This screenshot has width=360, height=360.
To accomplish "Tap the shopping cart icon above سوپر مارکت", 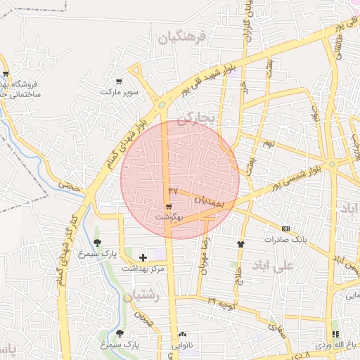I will pos(118,82).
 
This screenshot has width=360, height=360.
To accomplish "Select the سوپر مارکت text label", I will pos(120,92).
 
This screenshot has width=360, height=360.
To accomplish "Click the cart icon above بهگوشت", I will pos(169,206).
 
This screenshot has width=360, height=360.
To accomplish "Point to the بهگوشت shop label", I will pos(169,218).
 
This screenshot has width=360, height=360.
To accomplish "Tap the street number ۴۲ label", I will pos(173,191).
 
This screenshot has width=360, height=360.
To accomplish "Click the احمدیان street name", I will pos(209,201).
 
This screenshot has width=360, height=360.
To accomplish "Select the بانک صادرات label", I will pos(286,240).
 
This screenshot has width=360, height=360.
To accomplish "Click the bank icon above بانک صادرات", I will pos(285,229).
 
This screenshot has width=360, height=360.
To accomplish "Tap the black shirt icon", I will pos(241,244).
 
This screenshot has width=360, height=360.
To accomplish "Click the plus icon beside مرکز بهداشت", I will pos(143,258).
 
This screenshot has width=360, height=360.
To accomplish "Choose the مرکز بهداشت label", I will pos(143,269).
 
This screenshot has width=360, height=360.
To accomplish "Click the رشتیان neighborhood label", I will pos(143,297).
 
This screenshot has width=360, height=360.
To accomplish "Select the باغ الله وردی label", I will pos(333,345).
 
